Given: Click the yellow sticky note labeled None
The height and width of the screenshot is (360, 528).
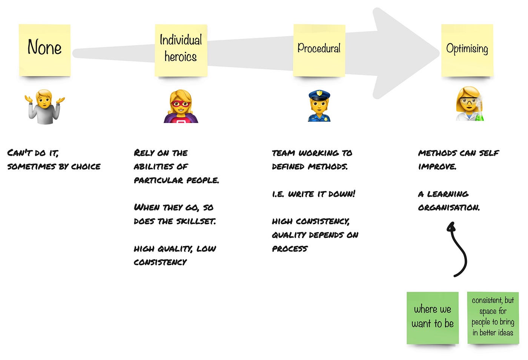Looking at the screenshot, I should tap(45, 50).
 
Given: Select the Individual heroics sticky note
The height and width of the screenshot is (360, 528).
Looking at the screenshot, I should tap(181, 50).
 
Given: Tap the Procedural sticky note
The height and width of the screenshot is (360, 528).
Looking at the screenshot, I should tap(319, 50).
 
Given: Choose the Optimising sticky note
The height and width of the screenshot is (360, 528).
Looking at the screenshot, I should tap(467, 50).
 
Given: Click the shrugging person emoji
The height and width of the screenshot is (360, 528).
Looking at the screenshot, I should tap(45, 107).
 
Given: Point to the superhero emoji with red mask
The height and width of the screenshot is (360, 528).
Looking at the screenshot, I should tap(181, 107).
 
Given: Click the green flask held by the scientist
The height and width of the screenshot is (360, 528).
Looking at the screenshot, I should tap(479, 115).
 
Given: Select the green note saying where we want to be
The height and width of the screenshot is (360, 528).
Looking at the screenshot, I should tap(433, 317).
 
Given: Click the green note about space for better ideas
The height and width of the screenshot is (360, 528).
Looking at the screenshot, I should tap(493, 317).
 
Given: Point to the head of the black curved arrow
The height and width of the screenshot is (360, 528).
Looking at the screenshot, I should tap(451, 227).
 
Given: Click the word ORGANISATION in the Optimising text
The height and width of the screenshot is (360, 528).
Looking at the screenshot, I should tap(449, 208).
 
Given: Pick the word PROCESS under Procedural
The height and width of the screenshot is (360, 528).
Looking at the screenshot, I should tap(290, 249).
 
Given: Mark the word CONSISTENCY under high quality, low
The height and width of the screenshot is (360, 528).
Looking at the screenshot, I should tap(160, 262).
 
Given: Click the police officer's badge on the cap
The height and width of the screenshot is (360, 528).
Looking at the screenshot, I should tap(319, 93).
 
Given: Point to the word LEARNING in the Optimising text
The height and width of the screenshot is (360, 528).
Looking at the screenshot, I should tap(448, 194).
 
